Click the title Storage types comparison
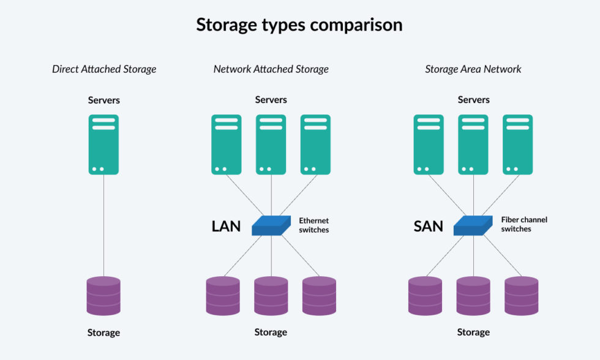tap(299, 25)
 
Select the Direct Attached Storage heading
tap(104, 69)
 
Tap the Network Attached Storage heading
tap(271, 69)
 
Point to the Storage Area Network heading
tap(473, 69)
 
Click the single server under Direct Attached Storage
tap(103, 144)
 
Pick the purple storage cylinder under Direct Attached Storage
tap(103, 296)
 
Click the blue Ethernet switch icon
tap(271, 225)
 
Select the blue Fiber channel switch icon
tap(473, 225)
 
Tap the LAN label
tap(226, 226)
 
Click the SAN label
tap(428, 226)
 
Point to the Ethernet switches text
tap(313, 225)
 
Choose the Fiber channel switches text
tap(524, 224)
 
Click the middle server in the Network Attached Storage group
tap(271, 144)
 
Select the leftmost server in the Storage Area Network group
tap(429, 144)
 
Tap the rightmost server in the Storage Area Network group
tap(518, 144)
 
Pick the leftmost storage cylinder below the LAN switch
tap(223, 296)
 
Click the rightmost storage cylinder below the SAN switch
tap(522, 296)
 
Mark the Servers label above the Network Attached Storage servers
tap(271, 100)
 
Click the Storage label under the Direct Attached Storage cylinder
tap(103, 332)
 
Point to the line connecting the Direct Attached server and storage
tap(103, 225)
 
